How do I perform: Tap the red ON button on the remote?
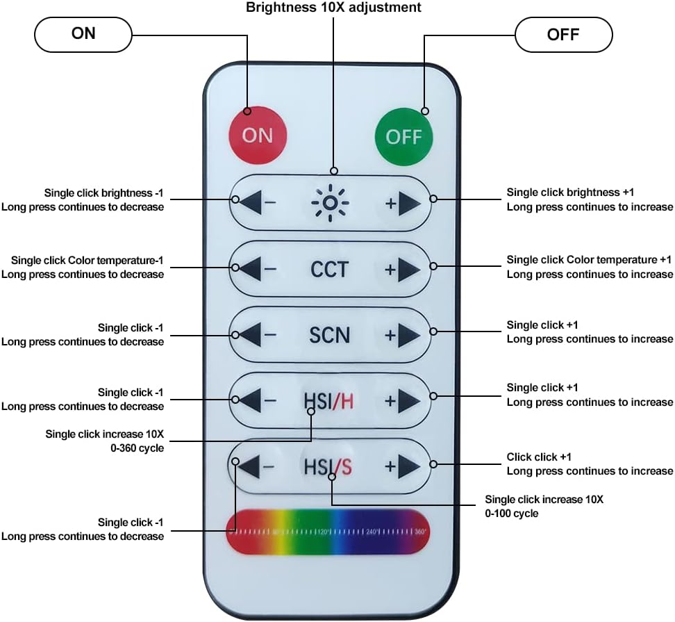tap(258, 136)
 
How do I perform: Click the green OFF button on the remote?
tap(403, 136)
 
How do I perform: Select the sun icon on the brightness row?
tap(330, 203)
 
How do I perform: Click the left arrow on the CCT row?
tap(250, 269)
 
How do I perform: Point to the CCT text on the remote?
tap(329, 270)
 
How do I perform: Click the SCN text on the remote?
tap(330, 335)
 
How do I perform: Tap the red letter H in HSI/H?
tap(347, 402)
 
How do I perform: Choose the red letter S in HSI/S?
tap(346, 467)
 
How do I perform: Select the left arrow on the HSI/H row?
tap(250, 400)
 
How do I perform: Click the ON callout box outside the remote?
tap(83, 35)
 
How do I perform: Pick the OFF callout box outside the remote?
tap(563, 35)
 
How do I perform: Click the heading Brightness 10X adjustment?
tap(333, 8)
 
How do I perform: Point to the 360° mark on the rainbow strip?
tap(420, 532)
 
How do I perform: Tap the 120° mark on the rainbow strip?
tap(324, 532)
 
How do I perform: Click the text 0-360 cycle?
tap(137, 448)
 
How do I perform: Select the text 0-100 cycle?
tap(511, 514)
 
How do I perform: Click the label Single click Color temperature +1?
tap(589, 260)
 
